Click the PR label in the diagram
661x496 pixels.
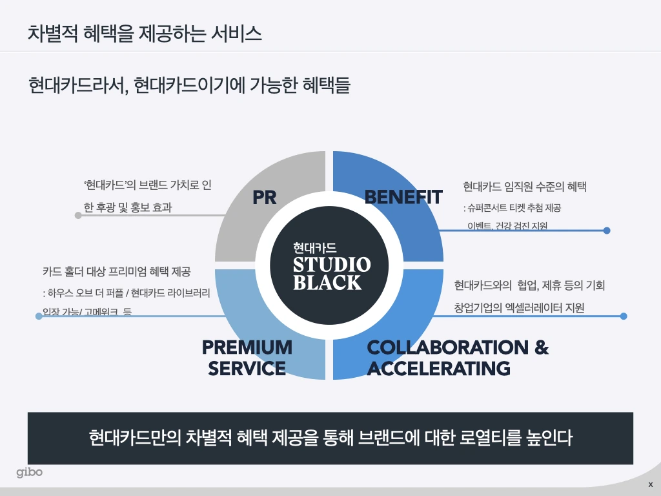(265, 197)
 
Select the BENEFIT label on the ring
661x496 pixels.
(403, 197)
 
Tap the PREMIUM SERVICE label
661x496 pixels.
(247, 357)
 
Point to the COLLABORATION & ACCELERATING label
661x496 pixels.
(457, 357)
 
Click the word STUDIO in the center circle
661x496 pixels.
(332, 265)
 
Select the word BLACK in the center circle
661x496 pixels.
(327, 283)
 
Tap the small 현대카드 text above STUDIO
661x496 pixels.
(314, 247)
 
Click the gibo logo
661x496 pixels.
(30, 472)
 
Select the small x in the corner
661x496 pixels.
(650, 484)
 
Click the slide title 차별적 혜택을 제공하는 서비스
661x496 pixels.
(145, 33)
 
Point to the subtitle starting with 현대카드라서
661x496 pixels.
(189, 85)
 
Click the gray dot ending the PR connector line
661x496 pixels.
(78, 215)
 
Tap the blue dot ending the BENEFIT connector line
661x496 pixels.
(607, 230)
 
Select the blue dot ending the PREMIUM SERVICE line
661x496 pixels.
(39, 316)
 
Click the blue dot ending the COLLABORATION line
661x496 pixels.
(624, 316)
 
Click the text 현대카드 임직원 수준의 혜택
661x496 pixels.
(524, 187)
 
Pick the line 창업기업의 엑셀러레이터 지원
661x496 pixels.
(519, 308)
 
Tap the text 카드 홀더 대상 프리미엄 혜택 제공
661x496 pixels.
(117, 272)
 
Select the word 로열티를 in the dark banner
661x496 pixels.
(496, 438)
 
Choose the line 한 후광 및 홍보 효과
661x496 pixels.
(128, 208)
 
